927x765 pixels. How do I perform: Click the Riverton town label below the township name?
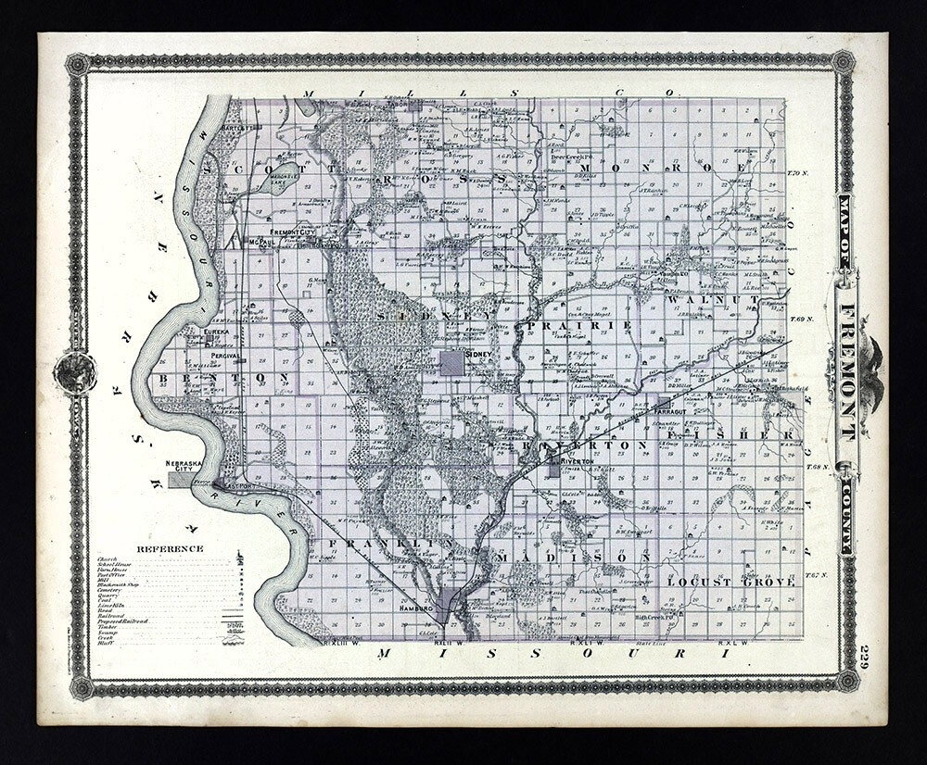pyautogui.click(x=576, y=458)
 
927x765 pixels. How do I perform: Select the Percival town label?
pyautogui.click(x=224, y=355)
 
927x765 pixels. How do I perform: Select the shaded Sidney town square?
pyautogui.click(x=452, y=364)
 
